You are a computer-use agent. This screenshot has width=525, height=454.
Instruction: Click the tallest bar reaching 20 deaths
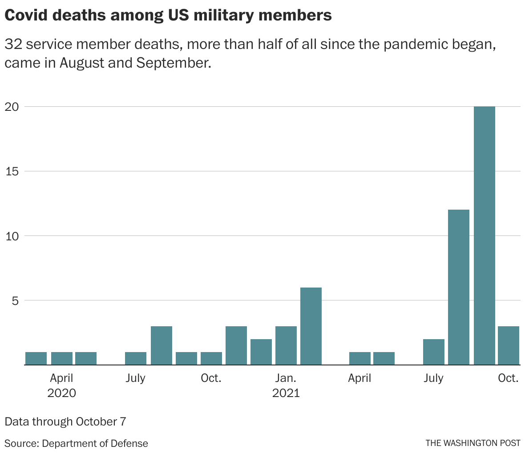[484, 236]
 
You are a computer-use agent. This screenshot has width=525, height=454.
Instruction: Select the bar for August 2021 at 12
[458, 287]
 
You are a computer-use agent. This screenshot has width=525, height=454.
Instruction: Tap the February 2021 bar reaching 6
[311, 326]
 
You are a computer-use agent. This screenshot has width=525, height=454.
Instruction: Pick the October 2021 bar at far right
[509, 345]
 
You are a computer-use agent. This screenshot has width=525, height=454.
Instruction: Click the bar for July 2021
[434, 352]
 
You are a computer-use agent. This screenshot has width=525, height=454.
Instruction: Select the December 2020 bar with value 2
[261, 352]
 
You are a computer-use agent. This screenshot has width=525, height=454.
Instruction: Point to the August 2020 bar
[162, 345]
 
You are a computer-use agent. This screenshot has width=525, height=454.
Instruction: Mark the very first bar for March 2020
[36, 358]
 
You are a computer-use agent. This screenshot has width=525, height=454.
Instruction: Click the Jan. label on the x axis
[285, 378]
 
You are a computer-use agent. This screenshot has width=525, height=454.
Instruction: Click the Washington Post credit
[472, 443]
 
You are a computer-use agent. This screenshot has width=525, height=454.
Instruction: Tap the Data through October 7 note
[65, 421]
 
